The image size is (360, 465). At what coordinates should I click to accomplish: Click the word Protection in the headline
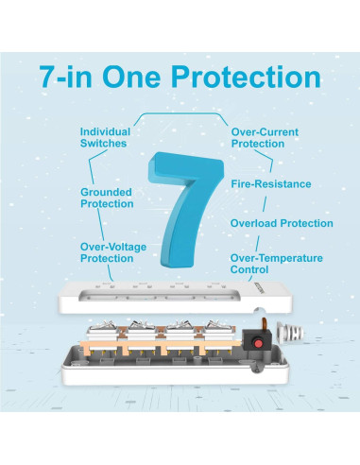click(246, 77)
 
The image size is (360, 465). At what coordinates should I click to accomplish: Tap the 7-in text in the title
click(65, 77)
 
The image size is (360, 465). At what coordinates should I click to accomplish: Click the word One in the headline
click(131, 77)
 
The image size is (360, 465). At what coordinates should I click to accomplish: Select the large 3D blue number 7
click(186, 210)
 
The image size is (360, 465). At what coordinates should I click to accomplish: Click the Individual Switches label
click(105, 137)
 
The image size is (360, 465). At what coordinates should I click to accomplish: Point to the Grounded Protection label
click(107, 198)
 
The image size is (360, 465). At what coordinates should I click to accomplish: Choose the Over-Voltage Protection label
click(113, 252)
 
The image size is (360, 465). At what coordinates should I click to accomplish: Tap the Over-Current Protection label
click(265, 138)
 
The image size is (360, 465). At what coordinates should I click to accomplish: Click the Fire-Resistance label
click(271, 184)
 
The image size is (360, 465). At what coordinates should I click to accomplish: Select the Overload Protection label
click(282, 223)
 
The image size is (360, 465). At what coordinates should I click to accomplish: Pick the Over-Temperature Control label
click(276, 264)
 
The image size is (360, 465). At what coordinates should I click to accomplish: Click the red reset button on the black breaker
click(258, 343)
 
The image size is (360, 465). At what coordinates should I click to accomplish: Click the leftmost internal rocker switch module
click(103, 331)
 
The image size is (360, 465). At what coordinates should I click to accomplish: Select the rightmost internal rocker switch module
click(219, 331)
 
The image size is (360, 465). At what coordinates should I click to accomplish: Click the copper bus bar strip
click(161, 345)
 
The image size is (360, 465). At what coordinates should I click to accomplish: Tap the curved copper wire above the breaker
click(265, 324)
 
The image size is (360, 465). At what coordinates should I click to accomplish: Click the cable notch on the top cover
click(260, 311)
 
